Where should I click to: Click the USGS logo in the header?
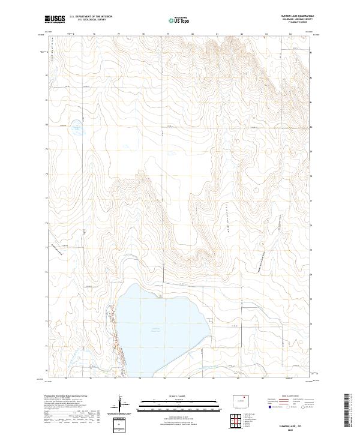[55, 19]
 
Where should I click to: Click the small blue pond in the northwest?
[77, 127]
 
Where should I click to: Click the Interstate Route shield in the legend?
[270, 407]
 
